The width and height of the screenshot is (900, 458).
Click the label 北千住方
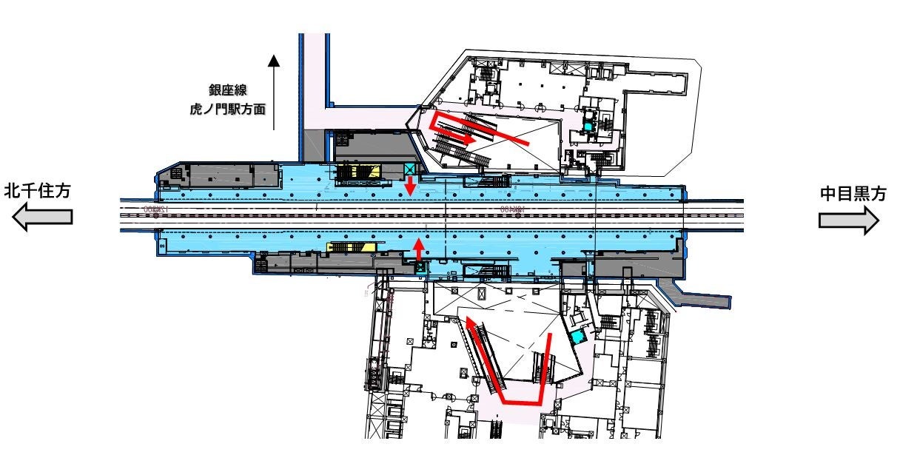37,191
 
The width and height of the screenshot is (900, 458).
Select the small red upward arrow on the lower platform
420,247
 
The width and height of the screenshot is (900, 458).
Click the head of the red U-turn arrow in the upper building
471,138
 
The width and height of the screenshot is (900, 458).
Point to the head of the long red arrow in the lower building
469,320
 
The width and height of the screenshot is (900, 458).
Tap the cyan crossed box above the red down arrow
410,169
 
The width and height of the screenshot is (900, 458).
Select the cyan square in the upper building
588,127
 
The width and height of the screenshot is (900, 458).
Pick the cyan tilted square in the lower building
578,337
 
